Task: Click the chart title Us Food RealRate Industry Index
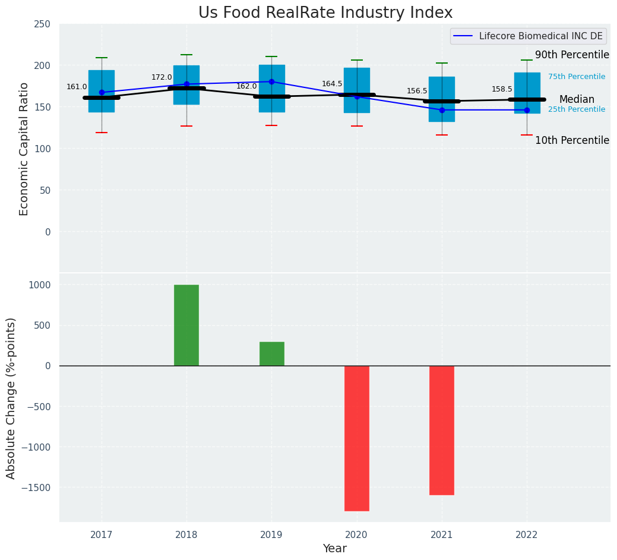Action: (325, 13)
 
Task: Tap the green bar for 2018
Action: (186, 325)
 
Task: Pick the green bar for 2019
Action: (271, 354)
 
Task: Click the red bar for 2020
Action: (357, 438)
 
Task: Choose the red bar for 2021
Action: (442, 430)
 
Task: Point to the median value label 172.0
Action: (162, 77)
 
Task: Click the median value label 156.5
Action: (417, 91)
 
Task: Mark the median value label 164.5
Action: (332, 84)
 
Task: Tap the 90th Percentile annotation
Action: (572, 55)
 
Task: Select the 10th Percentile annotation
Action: (572, 140)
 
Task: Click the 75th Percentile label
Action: (577, 77)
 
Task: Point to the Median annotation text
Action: (577, 99)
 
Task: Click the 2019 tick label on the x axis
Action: (271, 535)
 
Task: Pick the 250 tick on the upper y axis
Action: (43, 24)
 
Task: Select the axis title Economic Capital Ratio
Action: (24, 149)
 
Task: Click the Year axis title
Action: (334, 549)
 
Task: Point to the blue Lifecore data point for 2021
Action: (442, 110)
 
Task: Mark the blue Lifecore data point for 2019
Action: (271, 81)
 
